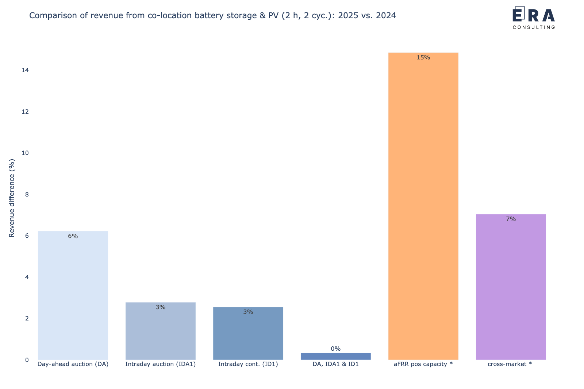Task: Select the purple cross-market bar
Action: coord(511,288)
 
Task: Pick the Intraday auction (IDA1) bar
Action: coord(160,332)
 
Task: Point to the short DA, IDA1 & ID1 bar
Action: coord(335,357)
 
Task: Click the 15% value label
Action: coord(423,58)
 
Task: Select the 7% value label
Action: coord(511,219)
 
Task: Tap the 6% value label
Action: coord(73,236)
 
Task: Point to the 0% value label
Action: coord(335,349)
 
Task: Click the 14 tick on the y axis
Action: coord(25,70)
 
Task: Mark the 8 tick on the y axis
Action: coord(27,195)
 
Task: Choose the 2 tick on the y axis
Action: coord(27,319)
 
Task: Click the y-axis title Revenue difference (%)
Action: coord(12,198)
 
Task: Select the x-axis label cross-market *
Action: coord(510,364)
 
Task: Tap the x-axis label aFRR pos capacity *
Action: coord(423,364)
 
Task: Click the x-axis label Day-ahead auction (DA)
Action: coord(73,364)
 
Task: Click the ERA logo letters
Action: coord(534,15)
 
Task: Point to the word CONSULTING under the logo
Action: coord(534,27)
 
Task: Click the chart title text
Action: coord(212,16)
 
